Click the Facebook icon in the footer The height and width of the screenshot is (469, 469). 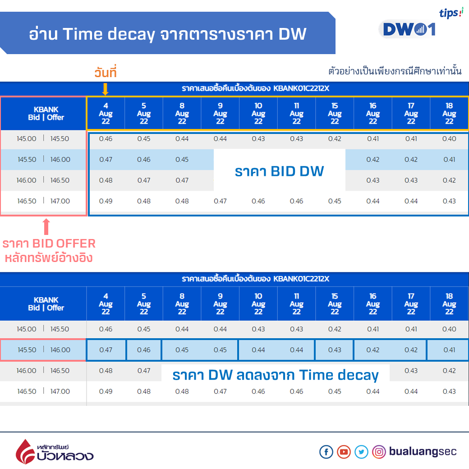pos(326,452)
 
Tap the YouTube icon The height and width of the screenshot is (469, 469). pos(344,452)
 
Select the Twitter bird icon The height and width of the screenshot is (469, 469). pos(361,452)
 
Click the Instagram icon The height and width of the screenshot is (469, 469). pos(379,452)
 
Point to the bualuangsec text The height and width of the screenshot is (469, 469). pos(423,451)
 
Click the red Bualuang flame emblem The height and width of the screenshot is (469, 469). pos(25,452)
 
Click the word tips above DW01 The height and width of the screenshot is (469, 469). pos(449,13)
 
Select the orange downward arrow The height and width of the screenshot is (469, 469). pos(105,89)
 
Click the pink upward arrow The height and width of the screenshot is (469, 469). pos(46,226)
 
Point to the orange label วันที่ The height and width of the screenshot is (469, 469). pos(105,72)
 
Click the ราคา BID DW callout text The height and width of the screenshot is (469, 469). pos(279,171)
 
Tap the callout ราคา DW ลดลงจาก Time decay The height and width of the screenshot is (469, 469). pos(276,375)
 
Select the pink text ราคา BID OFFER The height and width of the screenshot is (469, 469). pos(49,244)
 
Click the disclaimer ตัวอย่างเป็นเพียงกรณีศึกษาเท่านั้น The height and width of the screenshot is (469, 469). pos(395,71)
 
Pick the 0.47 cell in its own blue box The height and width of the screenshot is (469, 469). pos(106,349)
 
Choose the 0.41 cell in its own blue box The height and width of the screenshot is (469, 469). pos(448,349)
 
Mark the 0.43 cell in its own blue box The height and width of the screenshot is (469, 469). pos(335,349)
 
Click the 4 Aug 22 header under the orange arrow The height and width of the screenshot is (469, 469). pos(106,113)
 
